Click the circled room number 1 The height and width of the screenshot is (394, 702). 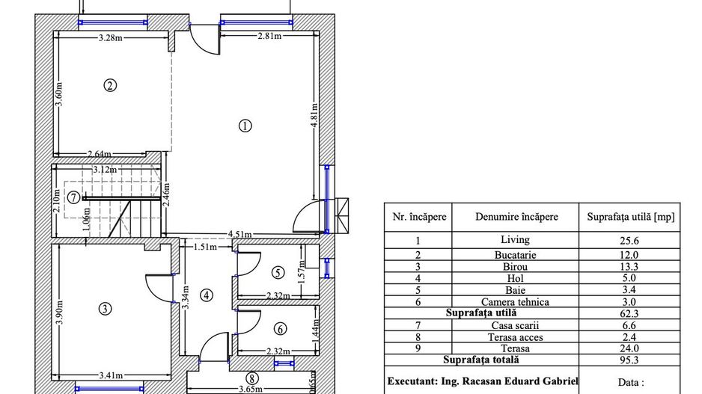(244, 126)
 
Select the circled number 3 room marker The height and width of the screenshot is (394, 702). (105, 308)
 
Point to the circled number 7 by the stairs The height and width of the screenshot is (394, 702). (73, 198)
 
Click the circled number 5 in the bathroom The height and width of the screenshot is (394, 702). (278, 273)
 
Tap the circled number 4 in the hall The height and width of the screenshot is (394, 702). (207, 295)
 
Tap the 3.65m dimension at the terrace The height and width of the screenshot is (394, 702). (249, 389)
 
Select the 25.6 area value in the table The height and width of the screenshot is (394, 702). (629, 241)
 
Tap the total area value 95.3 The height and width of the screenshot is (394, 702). (629, 359)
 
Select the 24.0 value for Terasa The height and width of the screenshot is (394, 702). (629, 348)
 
